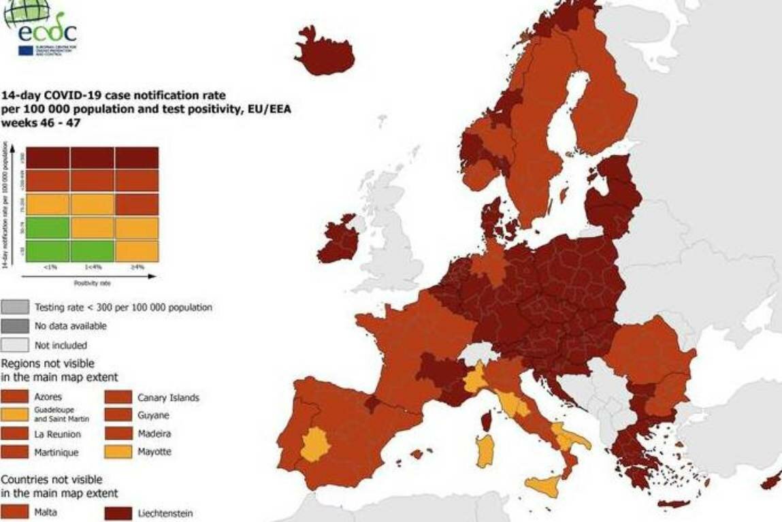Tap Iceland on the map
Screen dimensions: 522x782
pos(326,54)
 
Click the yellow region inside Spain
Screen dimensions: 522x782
pos(315,446)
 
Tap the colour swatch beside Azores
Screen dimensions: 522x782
pos(14,397)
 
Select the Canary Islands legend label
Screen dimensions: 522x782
pos(167,397)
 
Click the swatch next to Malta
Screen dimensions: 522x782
pos(14,512)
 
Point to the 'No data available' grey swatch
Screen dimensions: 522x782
pos(14,326)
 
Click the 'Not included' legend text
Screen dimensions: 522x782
pos(61,345)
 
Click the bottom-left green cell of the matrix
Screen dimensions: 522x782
pos(47,250)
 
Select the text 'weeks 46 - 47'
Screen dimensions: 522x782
pos(37,123)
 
